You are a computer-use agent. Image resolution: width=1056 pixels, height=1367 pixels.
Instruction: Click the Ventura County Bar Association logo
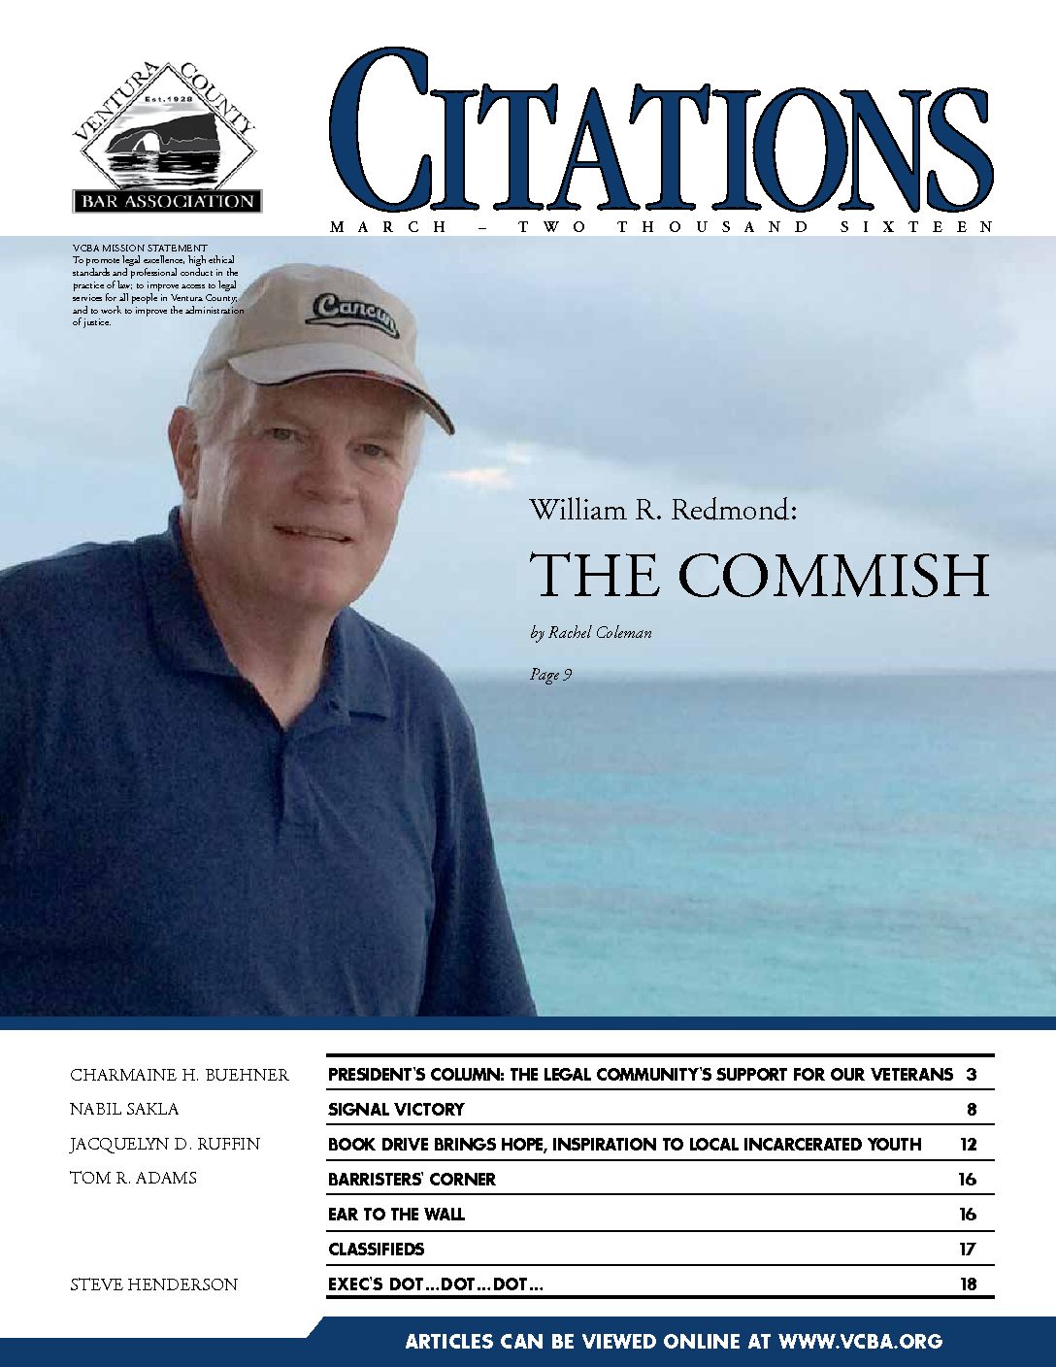coord(165,138)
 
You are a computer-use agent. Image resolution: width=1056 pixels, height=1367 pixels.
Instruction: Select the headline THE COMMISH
coord(759,575)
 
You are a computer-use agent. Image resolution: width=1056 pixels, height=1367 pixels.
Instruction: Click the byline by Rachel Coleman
coord(591,633)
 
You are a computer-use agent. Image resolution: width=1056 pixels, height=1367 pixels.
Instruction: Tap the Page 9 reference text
coord(550,674)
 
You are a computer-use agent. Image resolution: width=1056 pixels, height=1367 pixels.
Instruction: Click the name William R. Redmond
coord(663,510)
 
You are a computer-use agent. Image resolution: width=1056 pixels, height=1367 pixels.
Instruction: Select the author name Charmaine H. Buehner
coord(180,1075)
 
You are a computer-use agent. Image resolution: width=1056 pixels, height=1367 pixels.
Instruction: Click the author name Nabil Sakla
coord(124,1109)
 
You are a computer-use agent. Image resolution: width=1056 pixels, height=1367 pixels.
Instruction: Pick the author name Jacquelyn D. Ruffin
coord(165,1144)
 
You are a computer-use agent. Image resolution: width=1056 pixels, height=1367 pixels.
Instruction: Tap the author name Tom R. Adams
coord(133,1178)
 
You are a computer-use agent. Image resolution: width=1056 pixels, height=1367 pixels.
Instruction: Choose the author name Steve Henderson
coord(153,1284)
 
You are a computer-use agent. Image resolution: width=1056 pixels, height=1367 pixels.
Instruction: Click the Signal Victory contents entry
coord(396,1109)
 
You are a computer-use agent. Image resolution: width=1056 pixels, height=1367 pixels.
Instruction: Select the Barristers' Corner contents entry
coord(412,1179)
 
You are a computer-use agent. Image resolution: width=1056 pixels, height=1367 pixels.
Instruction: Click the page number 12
coord(968,1144)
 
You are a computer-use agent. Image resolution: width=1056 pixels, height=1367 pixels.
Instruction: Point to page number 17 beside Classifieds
coord(968,1249)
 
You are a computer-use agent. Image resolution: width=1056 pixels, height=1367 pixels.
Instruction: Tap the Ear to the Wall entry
coord(396,1214)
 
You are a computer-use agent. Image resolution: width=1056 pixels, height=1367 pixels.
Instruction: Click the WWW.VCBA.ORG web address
coord(860,1341)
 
